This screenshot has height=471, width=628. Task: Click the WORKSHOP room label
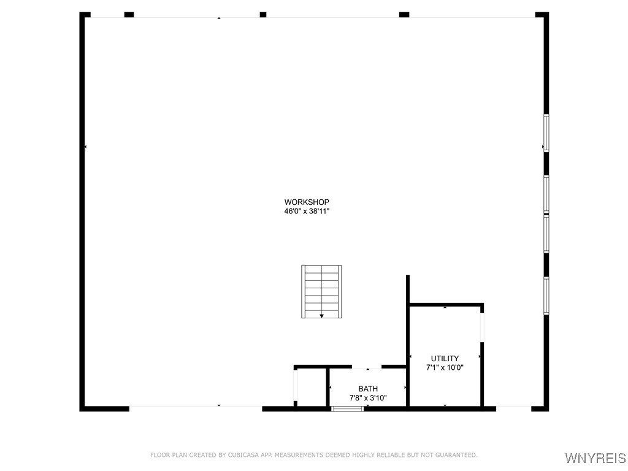(x=307, y=202)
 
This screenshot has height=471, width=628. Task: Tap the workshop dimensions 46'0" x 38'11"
(x=307, y=211)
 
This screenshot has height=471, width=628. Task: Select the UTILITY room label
(x=445, y=358)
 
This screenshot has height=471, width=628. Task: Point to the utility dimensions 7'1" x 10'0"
(x=445, y=367)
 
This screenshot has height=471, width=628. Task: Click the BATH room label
(x=368, y=389)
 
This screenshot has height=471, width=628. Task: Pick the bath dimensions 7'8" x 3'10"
(x=368, y=397)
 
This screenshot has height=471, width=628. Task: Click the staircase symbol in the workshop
(x=321, y=291)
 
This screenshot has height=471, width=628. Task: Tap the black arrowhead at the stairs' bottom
(x=321, y=316)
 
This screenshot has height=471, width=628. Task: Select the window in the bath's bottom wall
(x=348, y=409)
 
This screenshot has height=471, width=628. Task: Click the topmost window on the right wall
(x=546, y=133)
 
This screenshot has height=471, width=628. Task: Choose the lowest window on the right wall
(x=546, y=296)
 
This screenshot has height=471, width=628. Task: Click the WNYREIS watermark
(x=595, y=458)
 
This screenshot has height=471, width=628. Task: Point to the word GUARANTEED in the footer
(x=454, y=455)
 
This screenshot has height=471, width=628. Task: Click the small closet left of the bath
(x=311, y=388)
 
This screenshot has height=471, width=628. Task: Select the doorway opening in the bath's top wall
(x=367, y=367)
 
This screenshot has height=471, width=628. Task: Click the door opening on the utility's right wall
(x=482, y=327)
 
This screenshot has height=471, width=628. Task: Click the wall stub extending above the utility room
(x=408, y=289)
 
